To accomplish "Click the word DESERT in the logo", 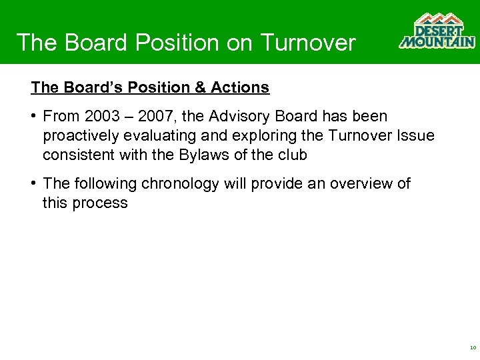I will (438, 31).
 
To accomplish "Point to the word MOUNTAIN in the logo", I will (437, 42).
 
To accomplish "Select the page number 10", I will (473, 347).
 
